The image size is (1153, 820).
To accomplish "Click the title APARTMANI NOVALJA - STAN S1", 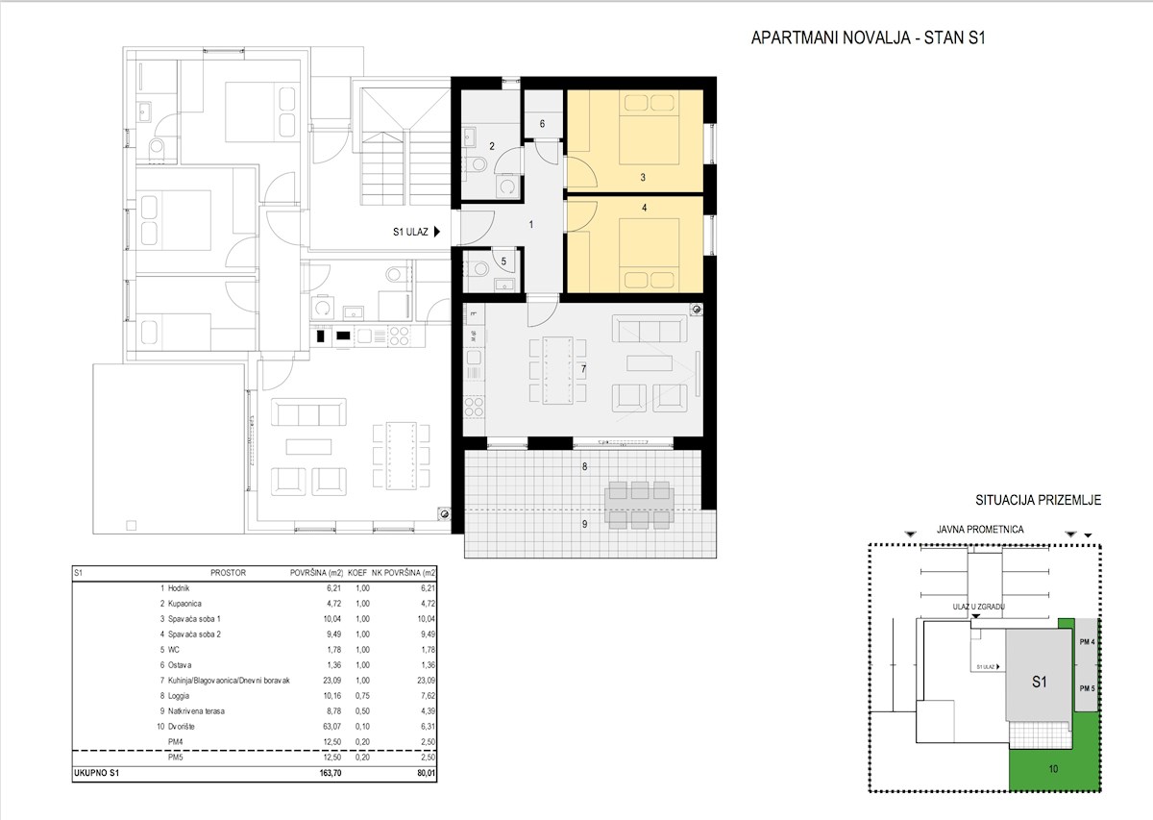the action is (868, 38).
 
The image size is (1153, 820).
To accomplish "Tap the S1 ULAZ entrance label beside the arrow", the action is (410, 232).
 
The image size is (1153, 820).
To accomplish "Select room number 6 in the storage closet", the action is (542, 124).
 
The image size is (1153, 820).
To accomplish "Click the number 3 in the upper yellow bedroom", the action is (643, 177).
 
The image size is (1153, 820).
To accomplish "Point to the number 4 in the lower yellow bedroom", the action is (645, 208).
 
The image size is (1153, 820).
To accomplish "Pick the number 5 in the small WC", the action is (503, 261).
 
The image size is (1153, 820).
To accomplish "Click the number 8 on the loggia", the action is (584, 466).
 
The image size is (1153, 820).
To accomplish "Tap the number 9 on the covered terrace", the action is (584, 524).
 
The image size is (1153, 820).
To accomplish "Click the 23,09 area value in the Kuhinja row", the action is (332, 681).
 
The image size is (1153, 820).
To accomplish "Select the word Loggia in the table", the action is (179, 696).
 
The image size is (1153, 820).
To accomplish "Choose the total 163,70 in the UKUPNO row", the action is (330, 773).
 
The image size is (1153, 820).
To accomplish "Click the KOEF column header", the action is (357, 573).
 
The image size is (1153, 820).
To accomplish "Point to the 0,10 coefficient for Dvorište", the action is (362, 727).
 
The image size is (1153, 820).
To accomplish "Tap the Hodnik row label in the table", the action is (179, 588).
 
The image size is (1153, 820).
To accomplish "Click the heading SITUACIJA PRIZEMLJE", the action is (1039, 500).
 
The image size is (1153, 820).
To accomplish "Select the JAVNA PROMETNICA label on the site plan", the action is (980, 530).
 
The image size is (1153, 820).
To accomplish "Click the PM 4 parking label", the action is (1087, 642).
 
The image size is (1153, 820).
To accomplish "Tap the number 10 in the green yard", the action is (1053, 769).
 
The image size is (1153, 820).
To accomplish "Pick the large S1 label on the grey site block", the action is (1040, 682).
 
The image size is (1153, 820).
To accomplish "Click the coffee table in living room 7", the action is (650, 363).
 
